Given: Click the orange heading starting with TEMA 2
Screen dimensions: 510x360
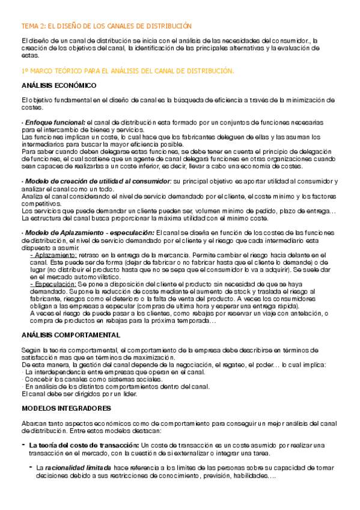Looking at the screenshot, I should point(106,26).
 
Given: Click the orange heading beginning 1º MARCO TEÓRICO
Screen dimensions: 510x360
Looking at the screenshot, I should point(127,70).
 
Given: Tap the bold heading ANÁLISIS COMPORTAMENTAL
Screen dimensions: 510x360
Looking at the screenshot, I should point(70,335).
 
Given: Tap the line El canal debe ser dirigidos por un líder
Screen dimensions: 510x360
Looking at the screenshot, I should point(79,393).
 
